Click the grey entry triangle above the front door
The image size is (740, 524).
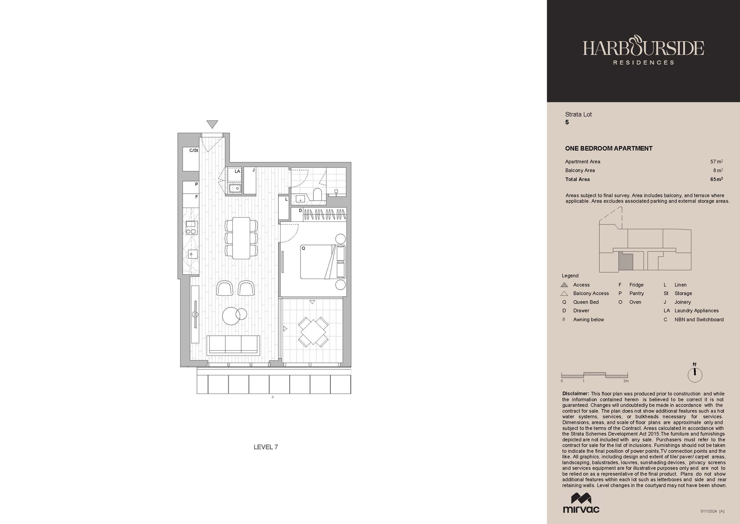(212, 124)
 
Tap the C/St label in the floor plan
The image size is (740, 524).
(193, 150)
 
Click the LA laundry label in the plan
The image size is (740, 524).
(237, 171)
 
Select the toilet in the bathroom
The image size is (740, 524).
(318, 194)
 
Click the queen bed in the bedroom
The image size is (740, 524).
(323, 262)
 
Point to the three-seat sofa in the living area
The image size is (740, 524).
(233, 345)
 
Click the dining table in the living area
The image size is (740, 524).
(241, 238)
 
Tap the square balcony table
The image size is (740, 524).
(313, 331)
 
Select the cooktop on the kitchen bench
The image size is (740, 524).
(191, 228)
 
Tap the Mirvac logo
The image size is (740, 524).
(581, 503)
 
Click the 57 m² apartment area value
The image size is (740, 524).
(716, 162)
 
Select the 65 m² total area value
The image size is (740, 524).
(716, 179)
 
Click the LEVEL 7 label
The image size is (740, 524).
(266, 447)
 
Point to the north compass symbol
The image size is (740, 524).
(695, 374)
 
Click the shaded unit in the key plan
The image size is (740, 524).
(626, 262)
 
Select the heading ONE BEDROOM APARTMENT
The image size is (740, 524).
(609, 148)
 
